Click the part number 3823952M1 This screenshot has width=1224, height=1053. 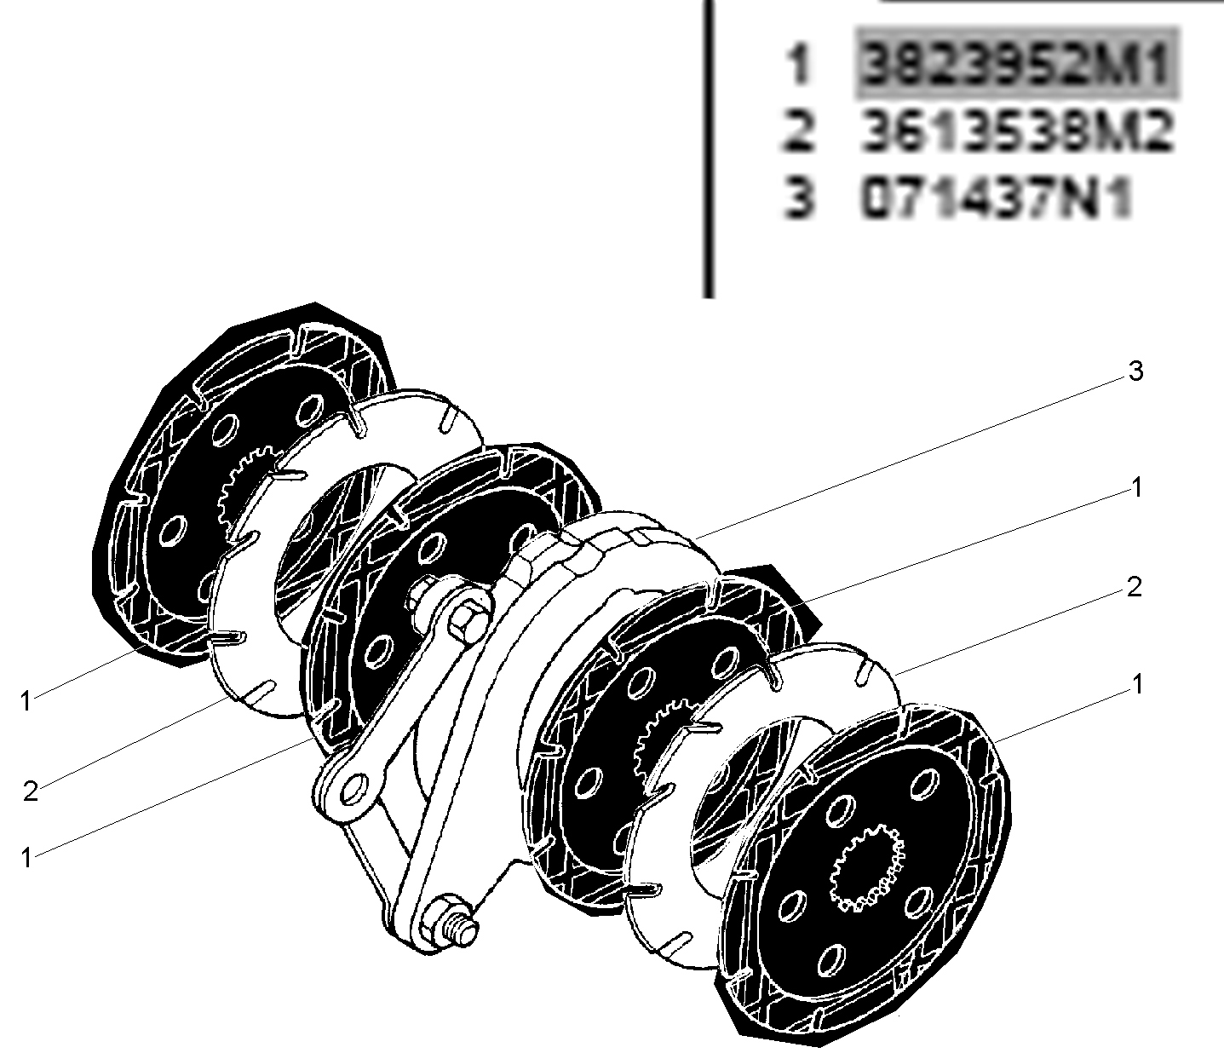tap(1016, 63)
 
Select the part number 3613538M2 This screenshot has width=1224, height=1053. tap(1016, 131)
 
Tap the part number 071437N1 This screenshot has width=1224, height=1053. tap(996, 198)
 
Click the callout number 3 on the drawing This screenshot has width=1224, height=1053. tap(1135, 371)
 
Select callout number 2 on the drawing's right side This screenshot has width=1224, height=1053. tap(1134, 587)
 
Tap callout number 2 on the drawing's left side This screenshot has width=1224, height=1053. tap(30, 791)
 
